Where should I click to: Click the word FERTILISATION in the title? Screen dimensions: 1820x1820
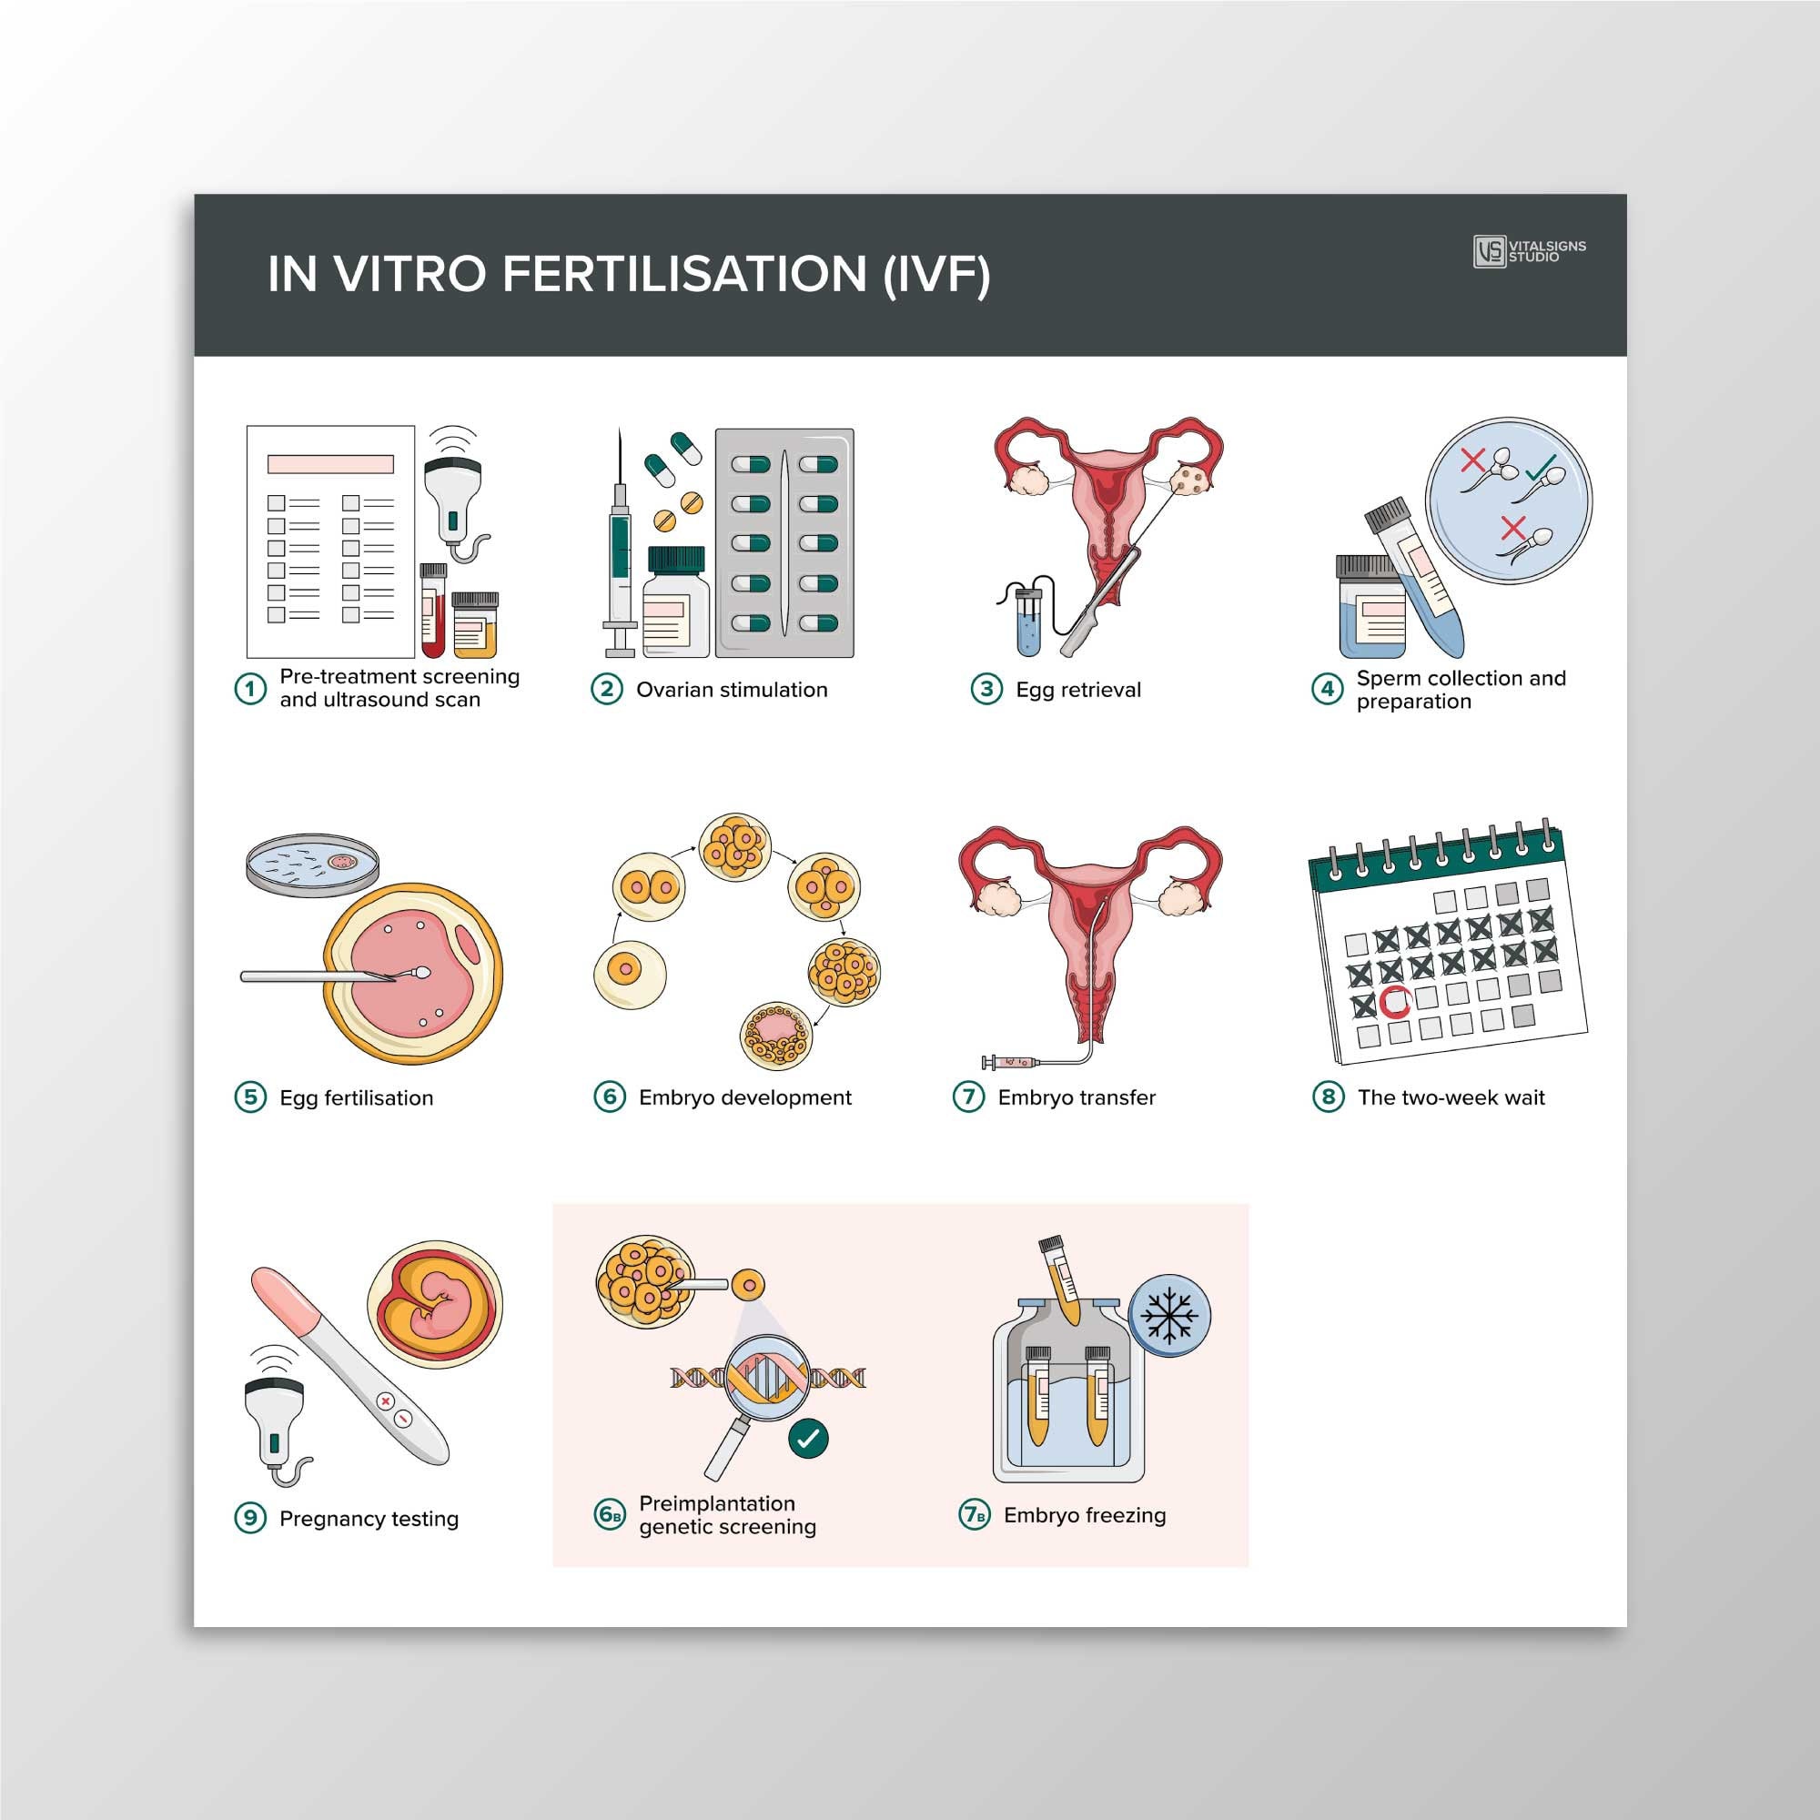tap(684, 275)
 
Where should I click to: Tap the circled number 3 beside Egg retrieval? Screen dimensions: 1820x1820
tap(986, 690)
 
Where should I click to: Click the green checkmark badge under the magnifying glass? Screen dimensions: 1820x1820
tap(808, 1439)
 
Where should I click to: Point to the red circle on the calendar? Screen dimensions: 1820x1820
tap(1394, 1003)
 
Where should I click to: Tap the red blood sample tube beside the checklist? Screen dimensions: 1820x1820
tap(432, 612)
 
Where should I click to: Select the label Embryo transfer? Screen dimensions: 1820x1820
tap(1076, 1097)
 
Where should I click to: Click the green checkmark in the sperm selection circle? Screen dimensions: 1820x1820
tap(1542, 466)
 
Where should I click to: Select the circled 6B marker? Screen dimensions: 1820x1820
tap(610, 1515)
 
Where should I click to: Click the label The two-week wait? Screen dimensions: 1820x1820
tap(1450, 1097)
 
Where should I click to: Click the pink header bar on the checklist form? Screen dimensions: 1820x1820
tap(329, 464)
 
